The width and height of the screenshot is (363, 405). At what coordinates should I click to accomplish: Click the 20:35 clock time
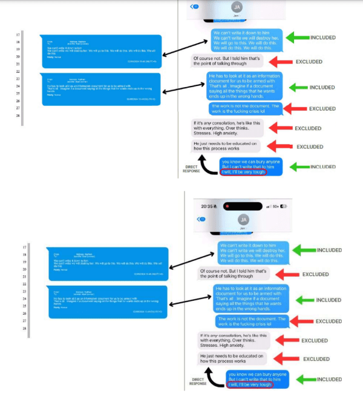207,206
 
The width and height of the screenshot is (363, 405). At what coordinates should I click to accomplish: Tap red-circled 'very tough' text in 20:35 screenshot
249,384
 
